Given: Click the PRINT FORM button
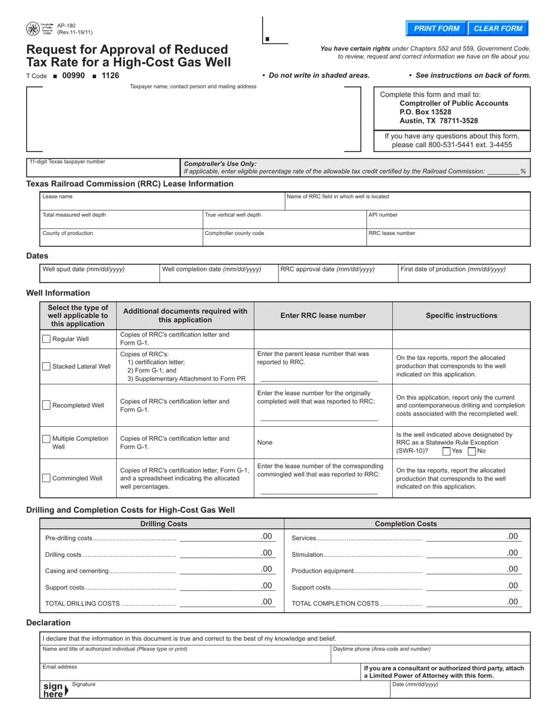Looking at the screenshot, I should (436, 28).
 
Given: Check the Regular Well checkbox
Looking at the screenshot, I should (46, 339).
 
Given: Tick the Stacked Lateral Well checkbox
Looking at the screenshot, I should (46, 366).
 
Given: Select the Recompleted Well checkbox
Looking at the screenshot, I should (46, 405).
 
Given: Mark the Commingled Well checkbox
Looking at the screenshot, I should (46, 478).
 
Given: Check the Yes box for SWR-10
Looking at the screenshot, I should (446, 451).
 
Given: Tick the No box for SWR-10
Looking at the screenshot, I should (472, 451).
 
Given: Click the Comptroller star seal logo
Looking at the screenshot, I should (33, 29).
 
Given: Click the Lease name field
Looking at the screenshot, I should (162, 204).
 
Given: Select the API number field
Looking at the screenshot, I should (448, 222).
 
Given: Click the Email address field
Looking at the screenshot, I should (199, 673).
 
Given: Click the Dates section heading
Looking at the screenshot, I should (38, 256).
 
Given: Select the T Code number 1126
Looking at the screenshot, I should (110, 76).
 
